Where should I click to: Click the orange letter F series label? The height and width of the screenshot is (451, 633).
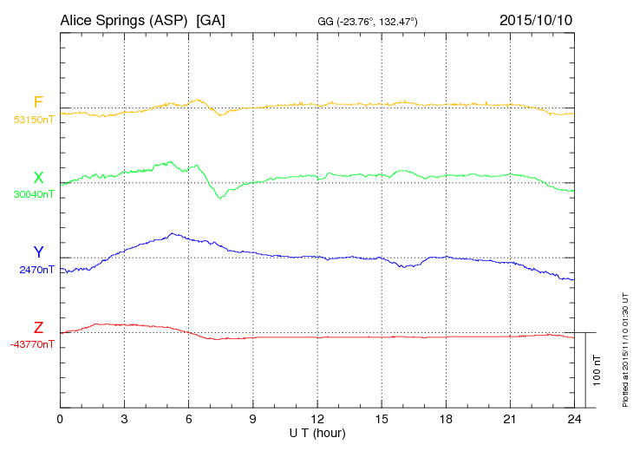(38, 102)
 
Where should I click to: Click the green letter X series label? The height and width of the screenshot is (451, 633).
(38, 177)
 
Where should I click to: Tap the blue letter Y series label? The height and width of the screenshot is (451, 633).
(38, 252)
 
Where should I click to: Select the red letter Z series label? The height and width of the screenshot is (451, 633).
(38, 327)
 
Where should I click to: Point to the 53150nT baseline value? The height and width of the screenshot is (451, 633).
(33, 120)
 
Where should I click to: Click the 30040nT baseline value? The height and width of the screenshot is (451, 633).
(33, 194)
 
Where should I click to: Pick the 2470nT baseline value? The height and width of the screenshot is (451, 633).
(36, 270)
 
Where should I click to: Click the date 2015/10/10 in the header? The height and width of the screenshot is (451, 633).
(535, 19)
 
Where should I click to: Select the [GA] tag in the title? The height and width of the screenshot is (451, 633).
(212, 19)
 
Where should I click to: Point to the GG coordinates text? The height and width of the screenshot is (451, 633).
(369, 20)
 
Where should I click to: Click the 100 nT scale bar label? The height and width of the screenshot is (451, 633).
(597, 370)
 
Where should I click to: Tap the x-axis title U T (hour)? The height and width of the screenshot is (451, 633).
(317, 432)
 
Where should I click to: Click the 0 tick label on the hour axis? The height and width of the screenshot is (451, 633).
(60, 419)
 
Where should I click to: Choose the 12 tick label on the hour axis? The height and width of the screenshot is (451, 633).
(317, 419)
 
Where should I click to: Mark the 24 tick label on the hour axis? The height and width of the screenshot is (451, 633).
(574, 419)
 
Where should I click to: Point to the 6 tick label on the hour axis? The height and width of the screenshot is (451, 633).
(188, 419)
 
